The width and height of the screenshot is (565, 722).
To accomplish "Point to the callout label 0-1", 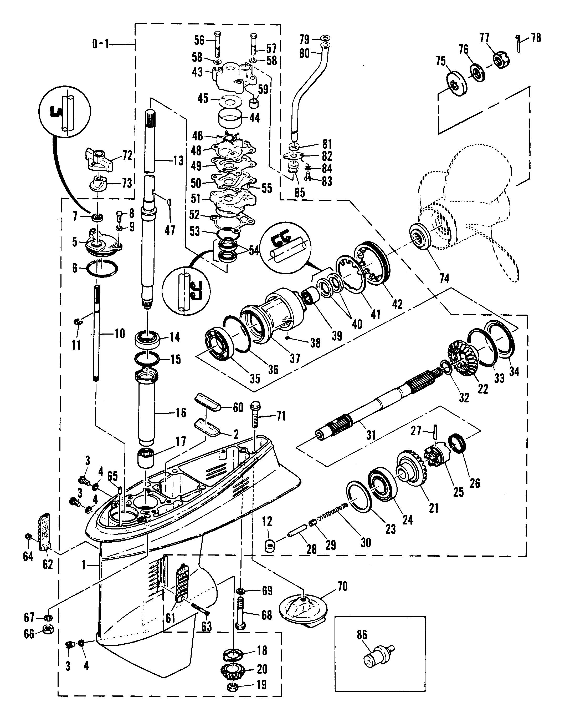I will pos(100,44).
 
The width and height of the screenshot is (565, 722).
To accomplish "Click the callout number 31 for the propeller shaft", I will pos(371,434).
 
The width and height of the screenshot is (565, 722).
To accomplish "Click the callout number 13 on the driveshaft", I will pos(178,161).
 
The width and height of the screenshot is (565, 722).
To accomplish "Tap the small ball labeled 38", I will pos(288,338).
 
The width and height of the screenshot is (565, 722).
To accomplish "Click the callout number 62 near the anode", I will pos(48,564).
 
